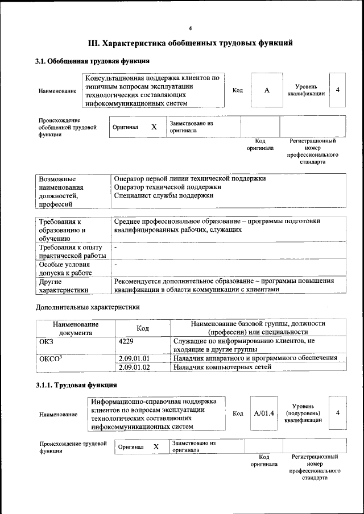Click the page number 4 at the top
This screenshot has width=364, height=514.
tap(191, 28)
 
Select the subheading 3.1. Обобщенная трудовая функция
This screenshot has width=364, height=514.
tap(93, 61)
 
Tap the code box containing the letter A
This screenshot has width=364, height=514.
tap(266, 90)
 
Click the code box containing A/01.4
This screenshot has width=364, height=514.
tap(264, 413)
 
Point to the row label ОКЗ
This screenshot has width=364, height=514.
tap(46, 341)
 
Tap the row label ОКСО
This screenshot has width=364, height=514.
tap(49, 358)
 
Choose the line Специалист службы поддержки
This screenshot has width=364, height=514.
tap(164, 196)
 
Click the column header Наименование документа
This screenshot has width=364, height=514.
tap(76, 328)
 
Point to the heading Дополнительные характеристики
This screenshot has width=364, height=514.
tap(87, 307)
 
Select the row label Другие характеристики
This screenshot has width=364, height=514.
tap(63, 286)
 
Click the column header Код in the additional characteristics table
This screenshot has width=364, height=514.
tap(143, 328)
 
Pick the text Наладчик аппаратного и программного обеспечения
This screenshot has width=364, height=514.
tap(255, 358)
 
